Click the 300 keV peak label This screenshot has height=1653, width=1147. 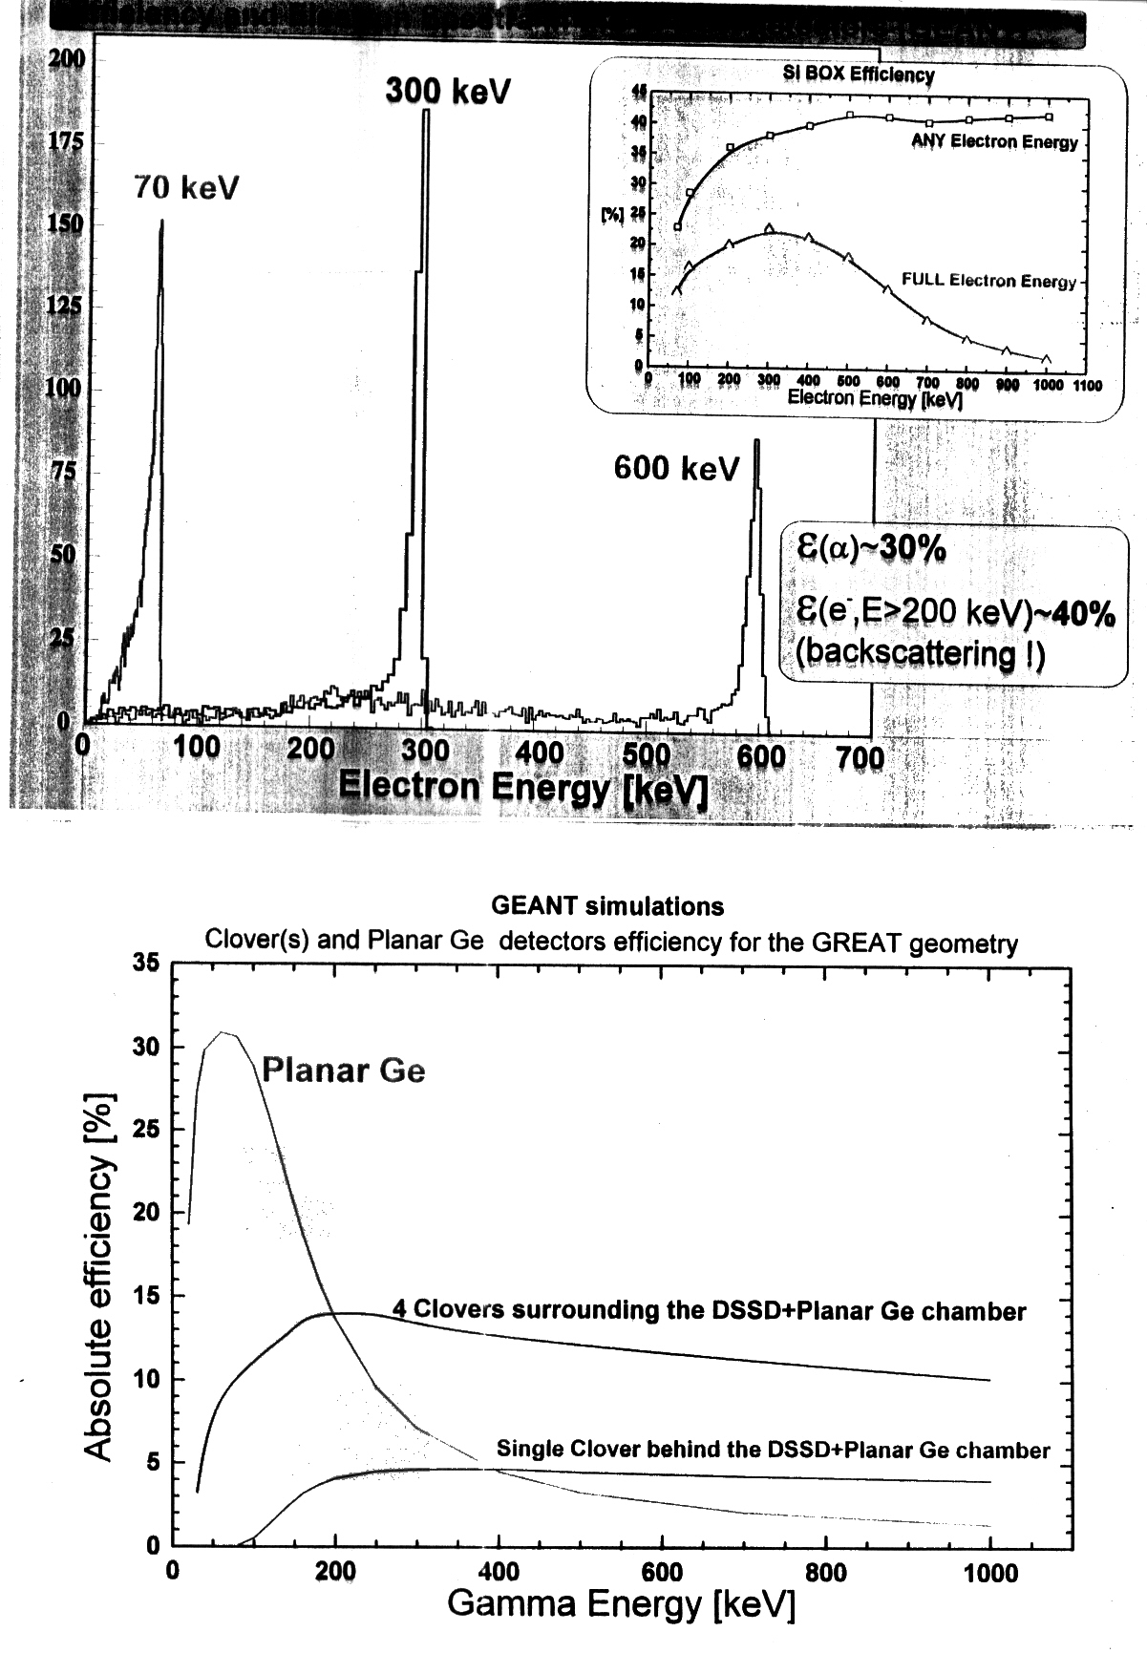448,92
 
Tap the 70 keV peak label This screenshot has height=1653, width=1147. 186,188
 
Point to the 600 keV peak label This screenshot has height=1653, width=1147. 676,468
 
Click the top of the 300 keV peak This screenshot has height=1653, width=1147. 426,111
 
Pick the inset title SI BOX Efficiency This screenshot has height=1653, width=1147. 859,74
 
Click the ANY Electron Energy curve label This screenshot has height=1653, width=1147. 994,142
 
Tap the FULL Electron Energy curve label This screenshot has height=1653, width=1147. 988,281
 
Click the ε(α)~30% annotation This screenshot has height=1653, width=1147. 870,549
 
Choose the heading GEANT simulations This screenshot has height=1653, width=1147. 606,905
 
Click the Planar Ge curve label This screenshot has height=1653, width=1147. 343,1070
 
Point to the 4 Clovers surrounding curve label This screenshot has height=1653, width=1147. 709,1310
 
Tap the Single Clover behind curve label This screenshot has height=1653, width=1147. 773,1450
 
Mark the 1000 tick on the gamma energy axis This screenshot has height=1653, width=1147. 989,1571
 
